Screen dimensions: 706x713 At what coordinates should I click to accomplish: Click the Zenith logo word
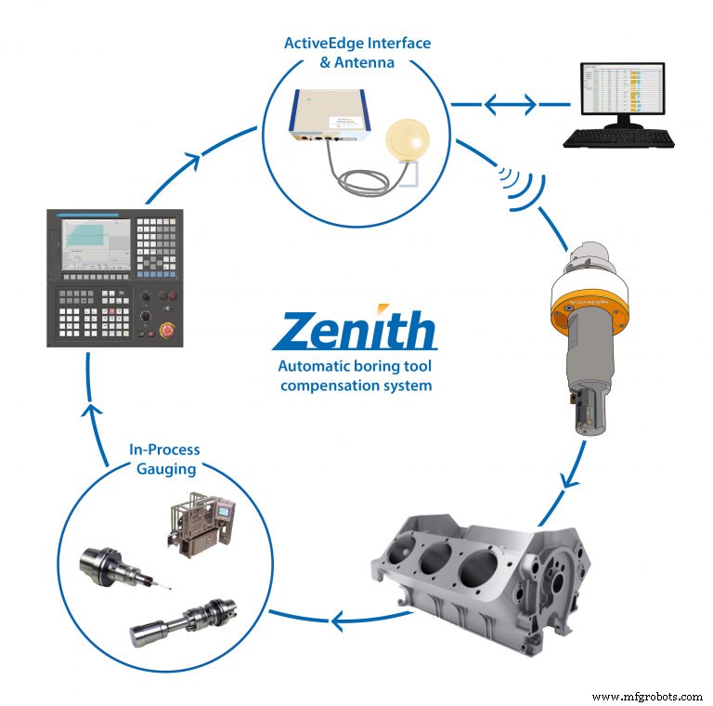356,332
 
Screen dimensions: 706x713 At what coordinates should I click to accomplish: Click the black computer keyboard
619,138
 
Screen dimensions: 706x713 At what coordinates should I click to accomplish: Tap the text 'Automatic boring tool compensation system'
356,375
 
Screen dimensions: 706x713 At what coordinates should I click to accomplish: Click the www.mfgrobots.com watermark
646,695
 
